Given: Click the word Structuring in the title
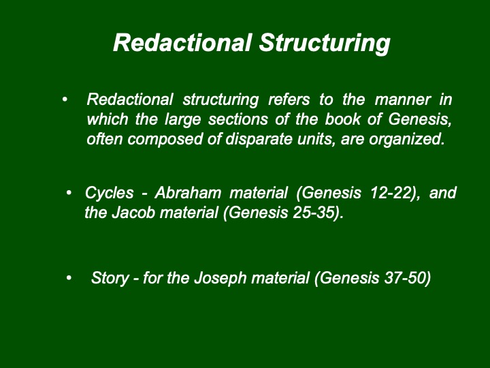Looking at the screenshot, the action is tap(325, 43).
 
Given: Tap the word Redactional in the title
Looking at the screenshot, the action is tap(182, 42).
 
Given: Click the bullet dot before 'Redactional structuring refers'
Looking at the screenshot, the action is tap(65, 99).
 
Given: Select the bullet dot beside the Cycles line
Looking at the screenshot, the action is tap(69, 192).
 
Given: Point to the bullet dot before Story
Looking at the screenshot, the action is tap(69, 277).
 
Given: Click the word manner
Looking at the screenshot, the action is tap(402, 100).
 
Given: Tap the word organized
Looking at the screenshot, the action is tap(407, 140).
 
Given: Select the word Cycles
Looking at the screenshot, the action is tap(110, 193).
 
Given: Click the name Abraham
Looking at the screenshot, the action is tap(188, 192).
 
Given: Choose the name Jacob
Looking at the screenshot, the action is tap(133, 213).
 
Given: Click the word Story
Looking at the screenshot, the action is tap(110, 278).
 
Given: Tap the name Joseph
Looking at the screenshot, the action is tap(220, 278).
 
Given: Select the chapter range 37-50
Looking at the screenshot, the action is tap(406, 278).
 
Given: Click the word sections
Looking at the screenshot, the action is tap(238, 119).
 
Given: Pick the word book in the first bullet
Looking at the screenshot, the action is tap(343, 119).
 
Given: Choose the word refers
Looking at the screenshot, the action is tap(289, 99).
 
